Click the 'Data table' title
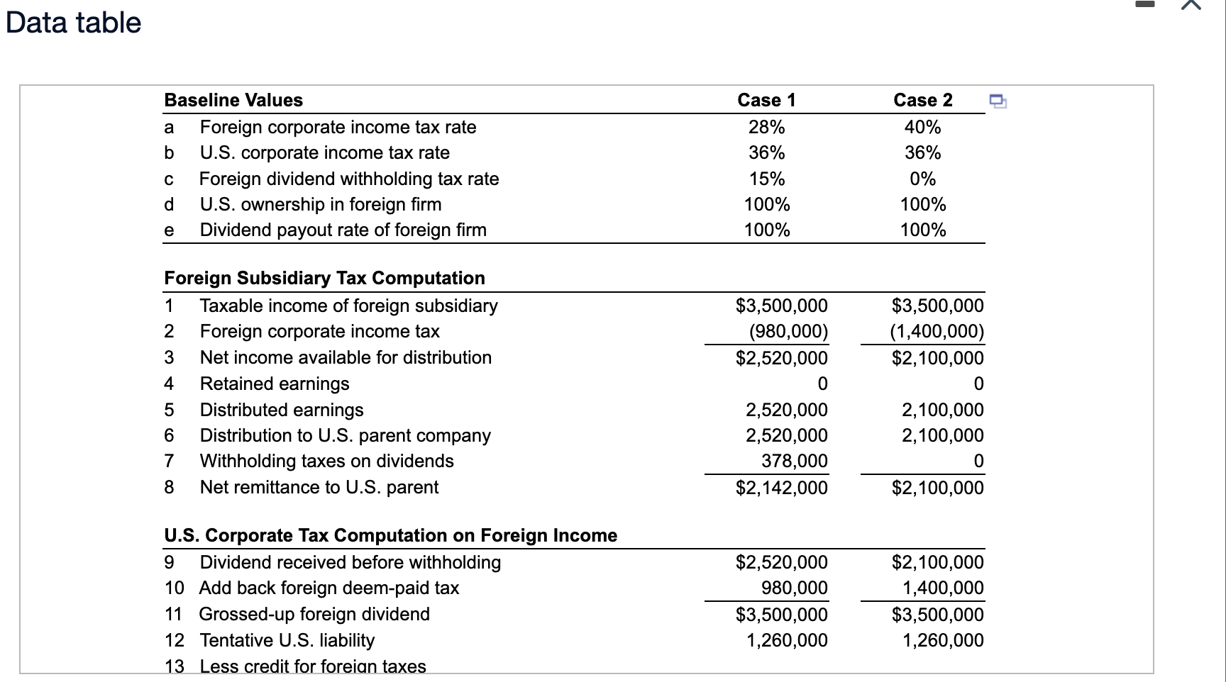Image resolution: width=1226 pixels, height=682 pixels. pyautogui.click(x=73, y=23)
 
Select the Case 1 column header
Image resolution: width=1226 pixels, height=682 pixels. pyautogui.click(x=766, y=100)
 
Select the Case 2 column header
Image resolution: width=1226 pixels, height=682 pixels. pyautogui.click(x=922, y=100)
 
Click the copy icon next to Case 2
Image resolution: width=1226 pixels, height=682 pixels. pyautogui.click(x=998, y=101)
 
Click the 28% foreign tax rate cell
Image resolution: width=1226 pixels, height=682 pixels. pyautogui.click(x=766, y=127)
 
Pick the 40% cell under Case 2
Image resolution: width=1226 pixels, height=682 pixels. pyautogui.click(x=922, y=127)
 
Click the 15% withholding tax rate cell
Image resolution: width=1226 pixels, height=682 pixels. pyautogui.click(x=766, y=179)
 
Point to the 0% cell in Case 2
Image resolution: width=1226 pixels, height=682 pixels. pyautogui.click(x=922, y=179)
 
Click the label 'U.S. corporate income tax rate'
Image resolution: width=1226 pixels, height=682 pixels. pyautogui.click(x=324, y=152)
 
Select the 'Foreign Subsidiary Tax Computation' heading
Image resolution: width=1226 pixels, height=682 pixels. pyautogui.click(x=324, y=278)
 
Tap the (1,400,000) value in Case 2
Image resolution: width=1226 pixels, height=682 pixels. pyautogui.click(x=937, y=331)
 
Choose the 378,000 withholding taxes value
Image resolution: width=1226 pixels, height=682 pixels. pyautogui.click(x=794, y=461)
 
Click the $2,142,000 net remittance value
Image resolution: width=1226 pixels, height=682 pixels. pyautogui.click(x=781, y=488)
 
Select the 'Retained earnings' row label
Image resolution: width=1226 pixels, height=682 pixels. pyautogui.click(x=275, y=384)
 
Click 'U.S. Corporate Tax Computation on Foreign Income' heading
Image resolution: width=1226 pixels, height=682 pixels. pyautogui.click(x=390, y=535)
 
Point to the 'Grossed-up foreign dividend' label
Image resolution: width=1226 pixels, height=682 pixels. pyautogui.click(x=314, y=614)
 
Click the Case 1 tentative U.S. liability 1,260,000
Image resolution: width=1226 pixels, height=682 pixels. pyautogui.click(x=786, y=640)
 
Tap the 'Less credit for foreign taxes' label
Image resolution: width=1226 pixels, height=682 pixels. pyautogui.click(x=313, y=666)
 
